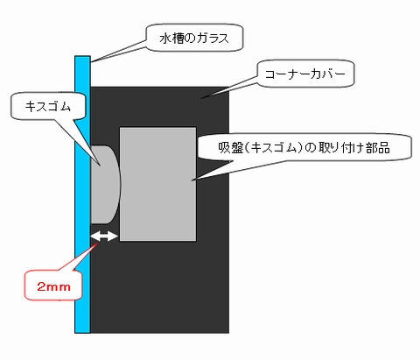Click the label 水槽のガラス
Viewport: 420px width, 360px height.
pyautogui.click(x=194, y=39)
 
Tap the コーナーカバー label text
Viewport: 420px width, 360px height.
pyautogui.click(x=305, y=74)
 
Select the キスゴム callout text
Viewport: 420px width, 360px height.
pyautogui.click(x=48, y=107)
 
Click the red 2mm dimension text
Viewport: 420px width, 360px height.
pyautogui.click(x=53, y=286)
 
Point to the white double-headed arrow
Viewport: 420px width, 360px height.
pyautogui.click(x=104, y=236)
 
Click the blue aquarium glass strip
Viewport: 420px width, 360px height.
pyautogui.click(x=82, y=194)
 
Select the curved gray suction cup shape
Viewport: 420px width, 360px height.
pyautogui.click(x=106, y=185)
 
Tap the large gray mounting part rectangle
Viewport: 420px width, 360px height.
pyautogui.click(x=157, y=184)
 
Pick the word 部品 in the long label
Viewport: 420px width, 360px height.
pyautogui.click(x=378, y=148)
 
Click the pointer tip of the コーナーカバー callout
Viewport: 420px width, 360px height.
pyautogui.click(x=200, y=98)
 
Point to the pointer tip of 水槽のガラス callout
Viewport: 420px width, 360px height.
pyautogui.click(x=91, y=62)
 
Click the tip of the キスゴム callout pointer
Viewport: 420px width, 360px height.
pyautogui.click(x=101, y=166)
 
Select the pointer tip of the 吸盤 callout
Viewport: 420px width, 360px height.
pyautogui.click(x=192, y=180)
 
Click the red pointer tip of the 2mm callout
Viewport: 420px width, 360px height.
pyautogui.click(x=97, y=242)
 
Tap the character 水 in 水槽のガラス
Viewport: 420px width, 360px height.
pyautogui.click(x=165, y=39)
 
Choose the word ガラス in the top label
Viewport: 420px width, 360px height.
pyautogui.click(x=212, y=39)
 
